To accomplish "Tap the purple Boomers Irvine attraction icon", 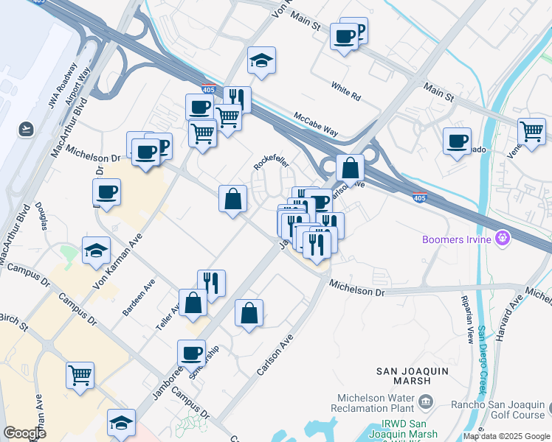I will [504, 238].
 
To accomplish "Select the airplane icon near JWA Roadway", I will [27, 129].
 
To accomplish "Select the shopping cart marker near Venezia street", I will [531, 132].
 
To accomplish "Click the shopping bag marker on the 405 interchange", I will [350, 167].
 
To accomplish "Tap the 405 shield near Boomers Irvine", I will [420, 197].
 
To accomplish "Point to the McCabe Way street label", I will [316, 125].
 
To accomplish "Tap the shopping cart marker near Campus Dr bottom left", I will [80, 374].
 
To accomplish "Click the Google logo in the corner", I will [24, 433].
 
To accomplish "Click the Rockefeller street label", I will [270, 157].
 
